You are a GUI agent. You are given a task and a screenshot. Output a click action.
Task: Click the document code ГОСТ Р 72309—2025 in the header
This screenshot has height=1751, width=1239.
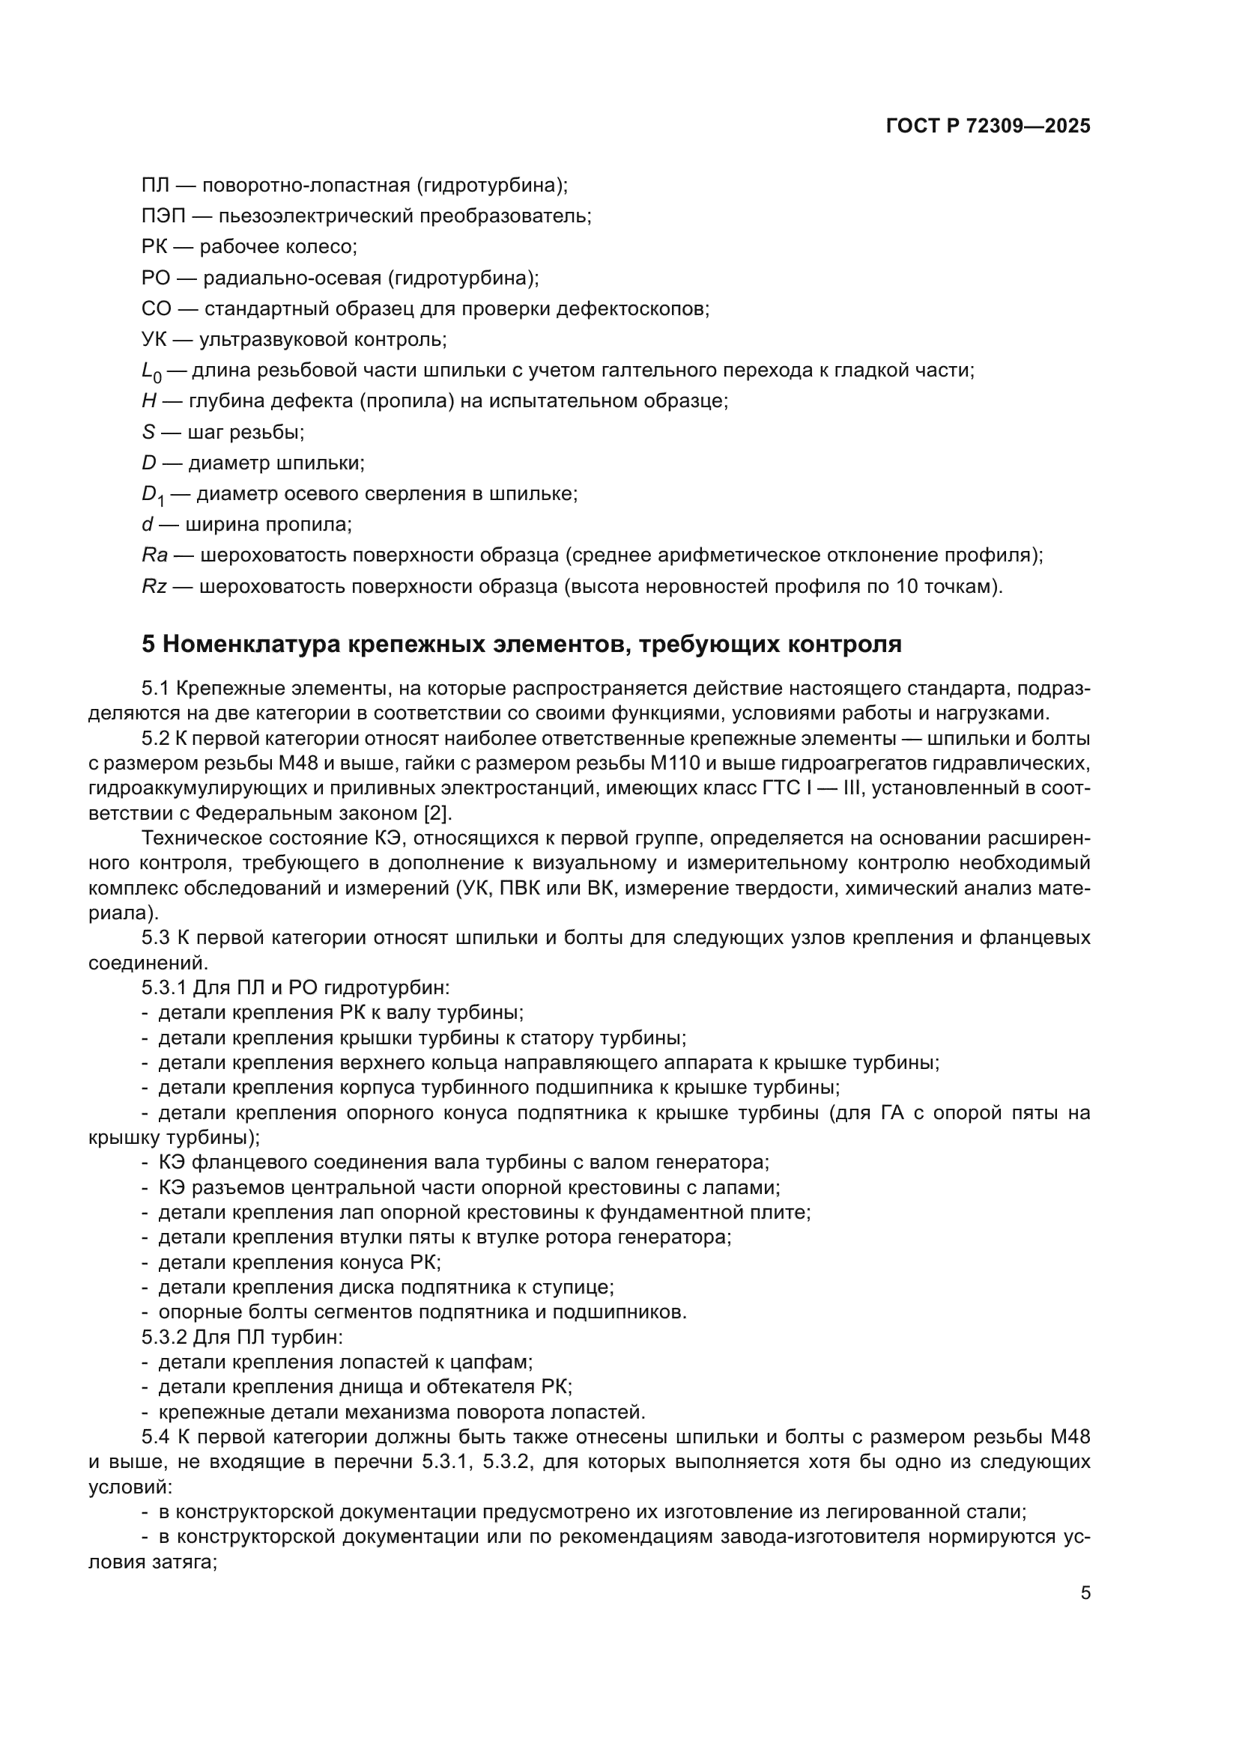tap(988, 127)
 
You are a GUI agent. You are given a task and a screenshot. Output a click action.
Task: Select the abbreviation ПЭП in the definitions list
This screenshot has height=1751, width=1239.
tap(163, 216)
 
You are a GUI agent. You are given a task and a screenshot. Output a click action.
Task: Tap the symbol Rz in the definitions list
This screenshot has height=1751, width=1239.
tap(154, 586)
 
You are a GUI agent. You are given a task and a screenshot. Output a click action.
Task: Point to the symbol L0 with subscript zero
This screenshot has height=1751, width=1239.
tap(151, 372)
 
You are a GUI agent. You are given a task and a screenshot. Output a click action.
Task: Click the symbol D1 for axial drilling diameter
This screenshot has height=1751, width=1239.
tap(153, 495)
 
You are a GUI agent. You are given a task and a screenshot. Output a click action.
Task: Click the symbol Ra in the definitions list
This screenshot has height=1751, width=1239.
tap(154, 555)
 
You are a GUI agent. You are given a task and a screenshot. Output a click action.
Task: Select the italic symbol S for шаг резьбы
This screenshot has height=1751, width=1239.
tap(148, 433)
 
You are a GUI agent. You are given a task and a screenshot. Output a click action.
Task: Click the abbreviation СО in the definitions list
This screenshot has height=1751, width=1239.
tap(156, 309)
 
